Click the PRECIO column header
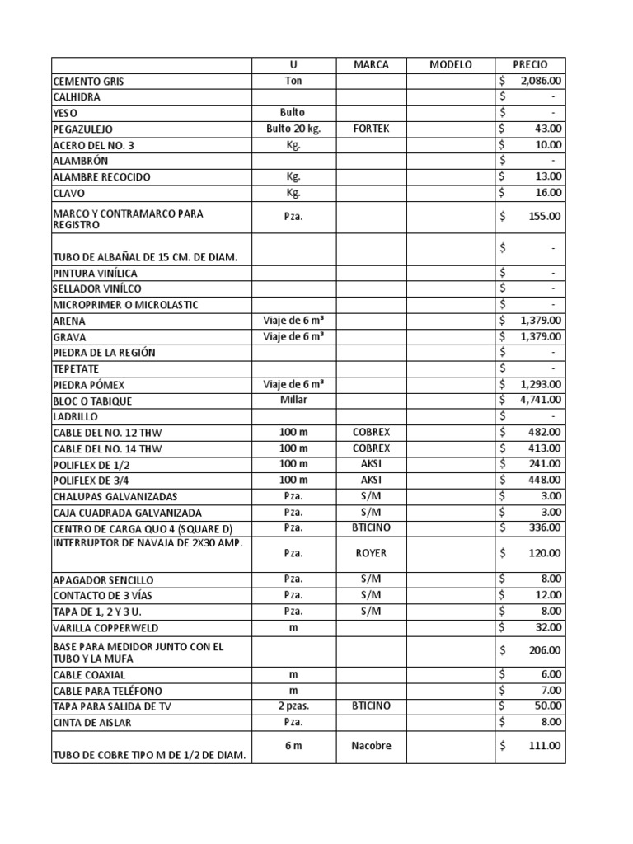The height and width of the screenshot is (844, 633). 530,65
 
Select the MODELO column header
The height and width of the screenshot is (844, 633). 451,65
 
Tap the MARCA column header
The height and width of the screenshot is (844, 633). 370,65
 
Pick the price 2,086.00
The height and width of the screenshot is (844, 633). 541,81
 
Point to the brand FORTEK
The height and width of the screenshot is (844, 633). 370,129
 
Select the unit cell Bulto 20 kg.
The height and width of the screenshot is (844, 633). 293,129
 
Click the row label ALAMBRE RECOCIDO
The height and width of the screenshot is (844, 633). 101,177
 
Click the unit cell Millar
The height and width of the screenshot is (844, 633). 293,400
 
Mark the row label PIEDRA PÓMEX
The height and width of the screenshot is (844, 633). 89,385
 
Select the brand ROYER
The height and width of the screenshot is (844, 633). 370,553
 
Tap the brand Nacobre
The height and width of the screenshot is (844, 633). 370,746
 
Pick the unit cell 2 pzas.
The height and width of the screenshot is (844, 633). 293,706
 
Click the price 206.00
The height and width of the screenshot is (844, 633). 546,651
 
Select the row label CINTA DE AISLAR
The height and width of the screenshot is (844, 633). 91,723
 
